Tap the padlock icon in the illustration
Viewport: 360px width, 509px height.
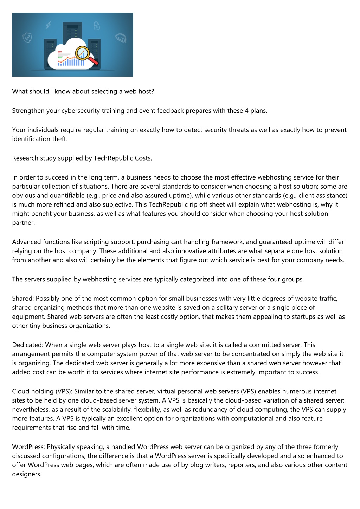point(96,26)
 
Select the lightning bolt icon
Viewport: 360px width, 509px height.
point(49,25)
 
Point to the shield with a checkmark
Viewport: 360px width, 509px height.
point(27,37)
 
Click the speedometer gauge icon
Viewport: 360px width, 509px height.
point(121,38)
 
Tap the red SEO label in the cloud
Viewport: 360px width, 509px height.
point(60,52)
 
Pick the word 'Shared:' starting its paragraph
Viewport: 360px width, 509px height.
point(23,299)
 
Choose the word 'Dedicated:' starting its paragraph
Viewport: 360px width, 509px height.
point(28,345)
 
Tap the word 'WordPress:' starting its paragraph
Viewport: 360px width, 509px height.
point(28,447)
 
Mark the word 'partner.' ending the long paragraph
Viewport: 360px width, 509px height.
point(23,223)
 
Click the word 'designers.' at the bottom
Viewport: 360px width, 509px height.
point(27,474)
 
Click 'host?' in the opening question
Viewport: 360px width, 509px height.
point(146,91)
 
